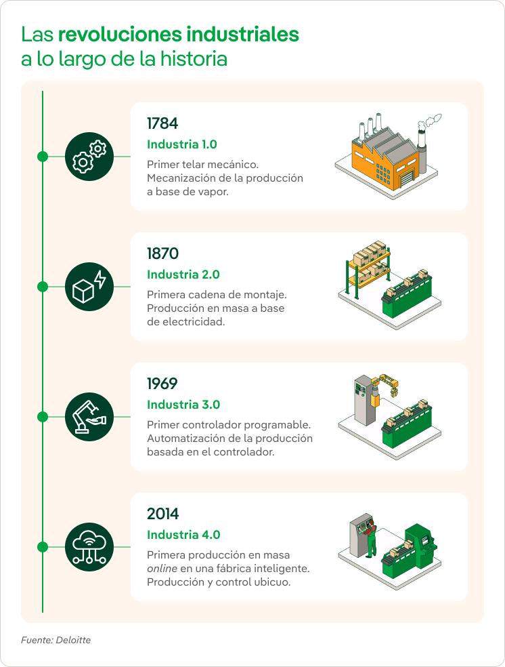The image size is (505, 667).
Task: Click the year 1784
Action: coord(162,124)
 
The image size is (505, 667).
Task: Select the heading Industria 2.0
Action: coord(183,275)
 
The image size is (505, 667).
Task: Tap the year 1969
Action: coord(162,384)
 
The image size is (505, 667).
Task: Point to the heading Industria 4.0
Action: coord(183,535)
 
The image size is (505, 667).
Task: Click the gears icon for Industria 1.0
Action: coord(89,156)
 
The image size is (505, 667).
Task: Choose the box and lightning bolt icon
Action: coord(89,287)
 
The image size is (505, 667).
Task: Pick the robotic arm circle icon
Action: coord(89,417)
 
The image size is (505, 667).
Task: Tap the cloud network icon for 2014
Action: coord(89,546)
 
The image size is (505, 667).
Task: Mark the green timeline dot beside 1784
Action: coord(43,156)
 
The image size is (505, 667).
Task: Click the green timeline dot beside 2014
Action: coord(43,546)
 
